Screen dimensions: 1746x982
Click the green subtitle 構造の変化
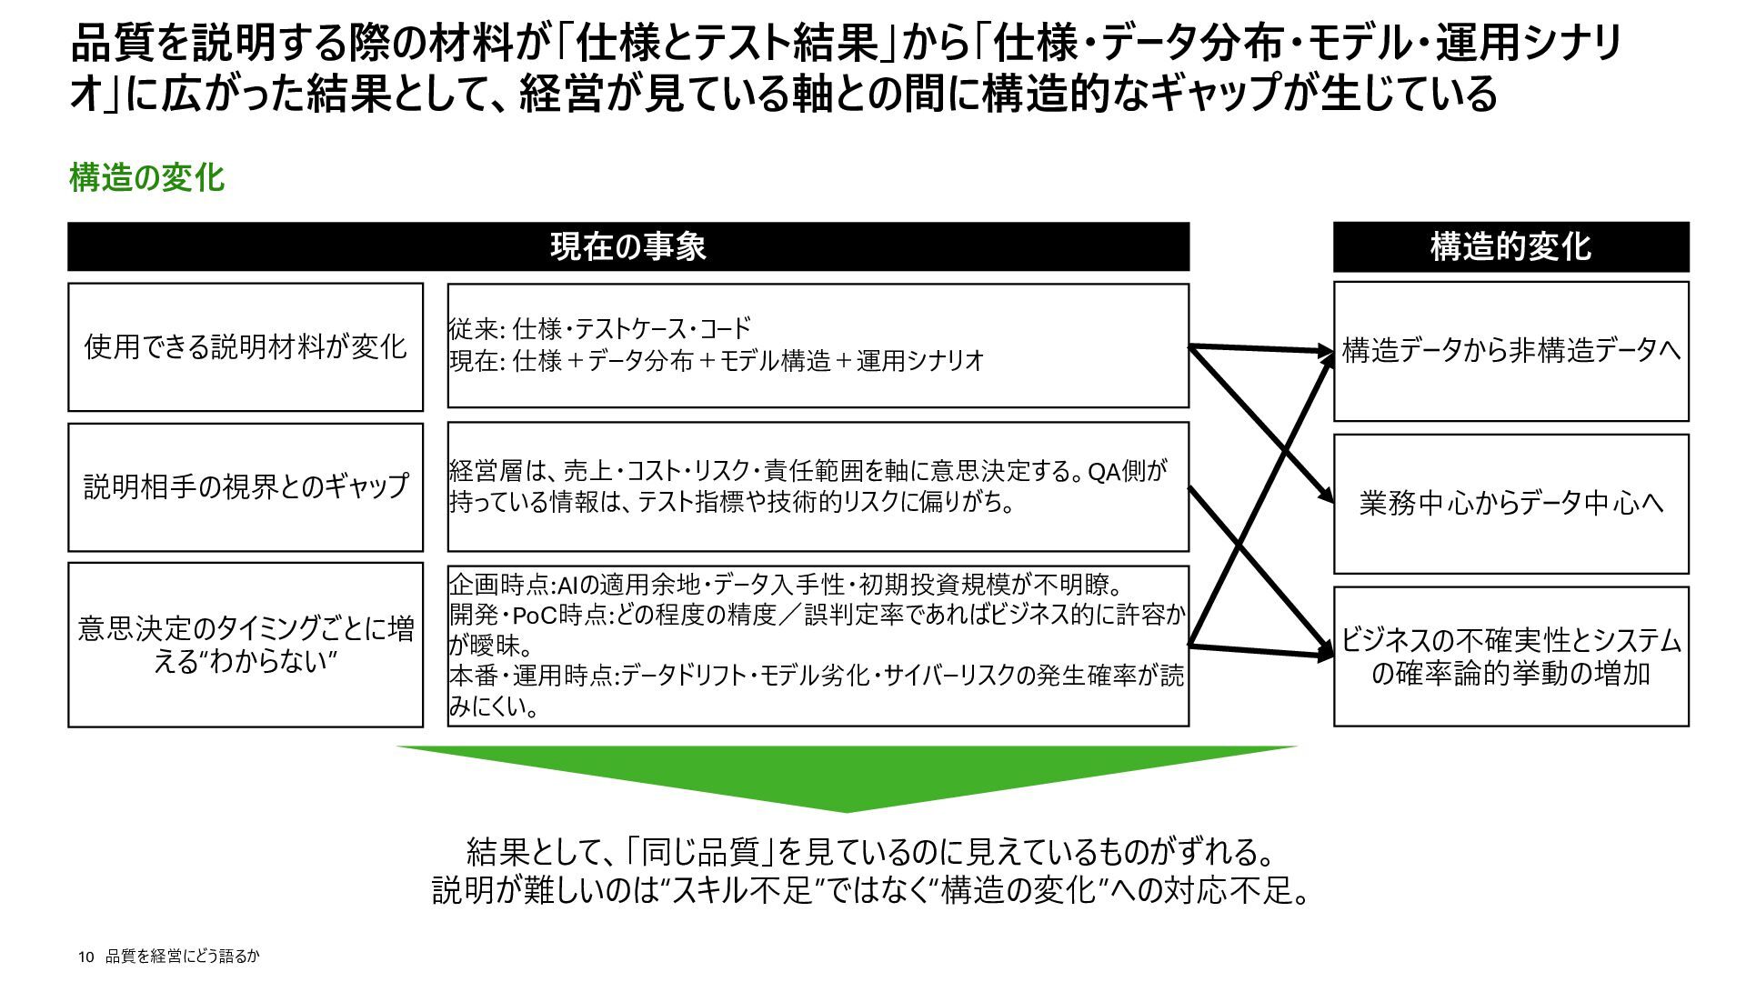click(146, 177)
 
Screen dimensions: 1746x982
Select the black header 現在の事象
click(627, 246)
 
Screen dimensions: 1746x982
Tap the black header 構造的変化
click(1510, 246)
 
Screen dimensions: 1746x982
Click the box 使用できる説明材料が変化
click(246, 346)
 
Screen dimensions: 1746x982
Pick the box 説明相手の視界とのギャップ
click(246, 486)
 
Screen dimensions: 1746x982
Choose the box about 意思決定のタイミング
click(246, 645)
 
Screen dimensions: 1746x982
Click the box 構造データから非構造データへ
click(1510, 351)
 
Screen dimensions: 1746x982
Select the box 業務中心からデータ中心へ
click(1510, 503)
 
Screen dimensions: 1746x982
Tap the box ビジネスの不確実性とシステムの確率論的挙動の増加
click(1510, 656)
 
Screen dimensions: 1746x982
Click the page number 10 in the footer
click(86, 957)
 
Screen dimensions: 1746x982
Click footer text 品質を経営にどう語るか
click(183, 957)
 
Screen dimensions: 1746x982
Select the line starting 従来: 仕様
click(600, 328)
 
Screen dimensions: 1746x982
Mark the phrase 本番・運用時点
click(533, 676)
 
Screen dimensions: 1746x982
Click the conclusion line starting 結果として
click(869, 852)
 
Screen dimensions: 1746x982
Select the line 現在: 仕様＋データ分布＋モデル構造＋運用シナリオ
click(717, 361)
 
